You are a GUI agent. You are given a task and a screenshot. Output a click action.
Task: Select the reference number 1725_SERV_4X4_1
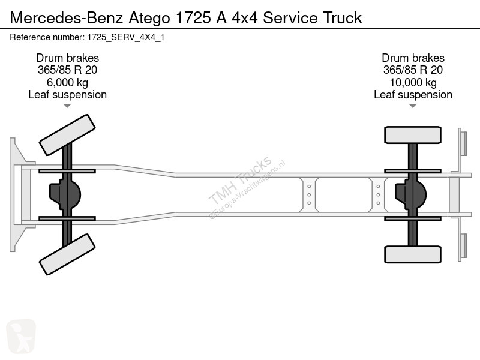coord(88,37)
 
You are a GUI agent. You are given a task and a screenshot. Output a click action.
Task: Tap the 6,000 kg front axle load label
coord(67,82)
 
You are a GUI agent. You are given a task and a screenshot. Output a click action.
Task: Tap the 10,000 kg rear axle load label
coord(413,82)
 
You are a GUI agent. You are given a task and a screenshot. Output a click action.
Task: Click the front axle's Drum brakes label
coord(67,58)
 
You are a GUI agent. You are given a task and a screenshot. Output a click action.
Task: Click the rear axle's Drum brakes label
coord(413,58)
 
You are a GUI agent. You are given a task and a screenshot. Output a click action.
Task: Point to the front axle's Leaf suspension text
coord(67,95)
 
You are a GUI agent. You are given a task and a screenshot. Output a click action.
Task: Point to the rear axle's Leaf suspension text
coord(413,95)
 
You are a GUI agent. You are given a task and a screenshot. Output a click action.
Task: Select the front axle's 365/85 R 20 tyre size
coord(67,70)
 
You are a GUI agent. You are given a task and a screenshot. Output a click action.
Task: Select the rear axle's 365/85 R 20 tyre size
coord(413,70)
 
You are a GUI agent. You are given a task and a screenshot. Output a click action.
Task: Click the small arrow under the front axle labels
coord(67,106)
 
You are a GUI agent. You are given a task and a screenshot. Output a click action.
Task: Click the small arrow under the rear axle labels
coord(413,106)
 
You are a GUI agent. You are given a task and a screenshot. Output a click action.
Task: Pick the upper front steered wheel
coord(67,134)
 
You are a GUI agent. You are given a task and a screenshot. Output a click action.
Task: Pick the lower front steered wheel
coord(67,254)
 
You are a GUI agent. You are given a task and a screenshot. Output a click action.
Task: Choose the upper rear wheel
coord(413,134)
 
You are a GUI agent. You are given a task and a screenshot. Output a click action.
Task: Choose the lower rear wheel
coord(413,254)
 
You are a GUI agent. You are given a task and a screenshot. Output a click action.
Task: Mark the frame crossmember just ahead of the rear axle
coord(378,194)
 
